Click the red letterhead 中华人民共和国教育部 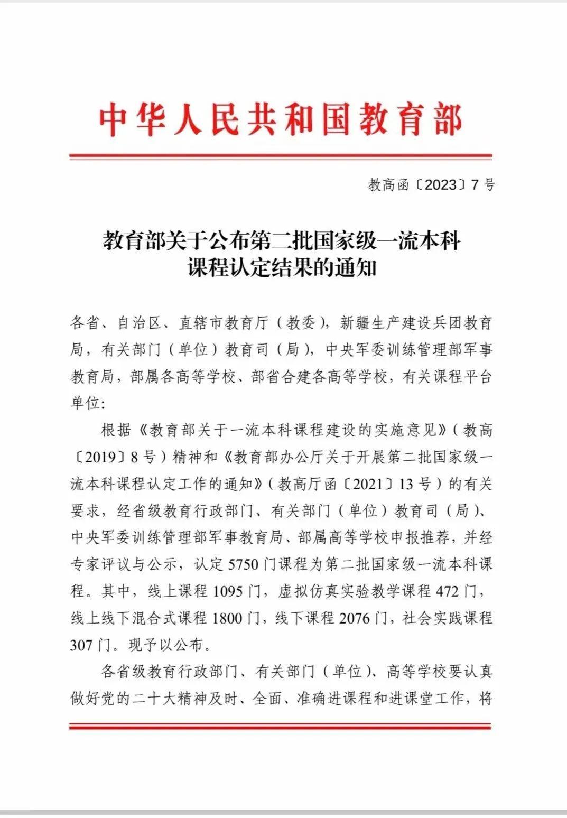281,120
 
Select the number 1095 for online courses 228,591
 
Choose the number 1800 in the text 227,618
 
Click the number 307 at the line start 81,645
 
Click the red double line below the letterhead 281,157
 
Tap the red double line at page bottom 281,726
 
